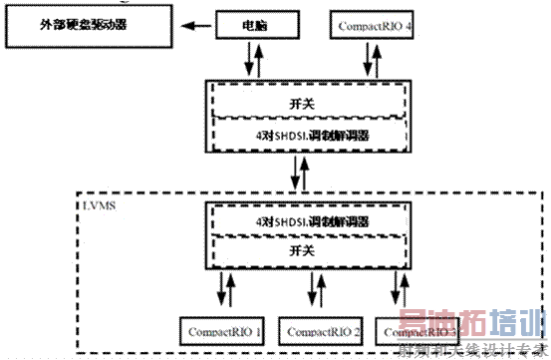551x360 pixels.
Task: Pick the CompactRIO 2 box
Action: click(322, 330)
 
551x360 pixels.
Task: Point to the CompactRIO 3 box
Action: click(417, 330)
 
